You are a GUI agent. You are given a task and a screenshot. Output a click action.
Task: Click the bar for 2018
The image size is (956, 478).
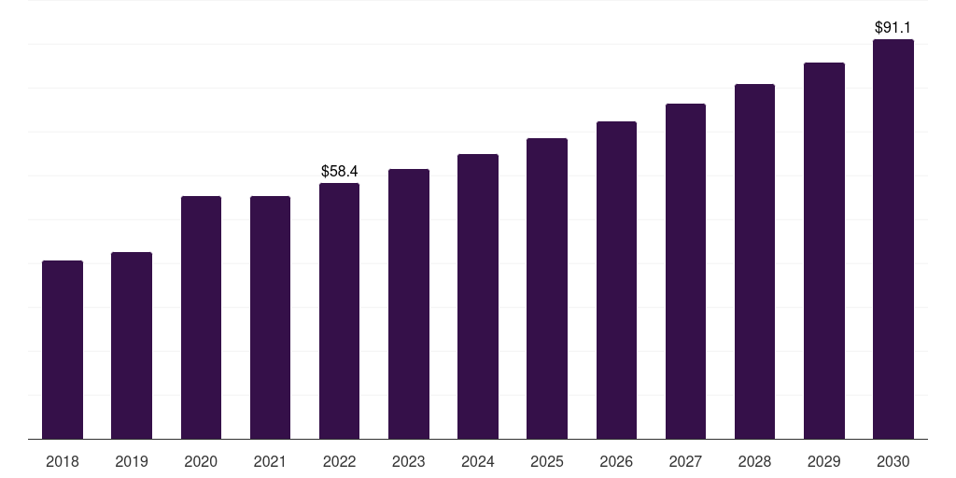[63, 350]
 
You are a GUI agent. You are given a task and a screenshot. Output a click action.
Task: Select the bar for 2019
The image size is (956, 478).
[132, 345]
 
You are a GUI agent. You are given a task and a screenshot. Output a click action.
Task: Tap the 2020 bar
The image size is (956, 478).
[202, 317]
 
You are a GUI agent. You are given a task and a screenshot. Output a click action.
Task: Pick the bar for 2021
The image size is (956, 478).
[270, 317]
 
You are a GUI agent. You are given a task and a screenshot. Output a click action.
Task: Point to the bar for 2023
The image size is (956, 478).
[409, 304]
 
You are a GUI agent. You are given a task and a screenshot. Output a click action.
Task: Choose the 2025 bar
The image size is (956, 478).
[547, 288]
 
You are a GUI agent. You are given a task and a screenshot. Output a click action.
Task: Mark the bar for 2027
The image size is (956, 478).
[685, 272]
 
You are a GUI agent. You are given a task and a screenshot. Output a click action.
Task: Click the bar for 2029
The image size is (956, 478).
[824, 250]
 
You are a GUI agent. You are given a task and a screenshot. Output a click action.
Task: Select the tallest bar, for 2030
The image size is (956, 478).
[893, 239]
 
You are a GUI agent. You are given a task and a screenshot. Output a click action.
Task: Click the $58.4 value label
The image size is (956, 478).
[340, 172]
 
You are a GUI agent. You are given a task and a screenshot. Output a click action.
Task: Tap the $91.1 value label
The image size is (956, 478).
[893, 27]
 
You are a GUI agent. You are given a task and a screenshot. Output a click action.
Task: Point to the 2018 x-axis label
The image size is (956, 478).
[63, 461]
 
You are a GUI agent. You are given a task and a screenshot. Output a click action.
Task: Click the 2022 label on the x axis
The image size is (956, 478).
[340, 461]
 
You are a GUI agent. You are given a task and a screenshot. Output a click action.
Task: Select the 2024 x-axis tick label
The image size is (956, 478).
[478, 461]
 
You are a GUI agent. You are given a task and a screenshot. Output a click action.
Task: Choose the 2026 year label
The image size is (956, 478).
[616, 461]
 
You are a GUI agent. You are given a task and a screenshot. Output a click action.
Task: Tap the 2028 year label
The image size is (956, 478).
[754, 461]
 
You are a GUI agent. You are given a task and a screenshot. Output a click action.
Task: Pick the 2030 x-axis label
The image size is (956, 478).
[893, 461]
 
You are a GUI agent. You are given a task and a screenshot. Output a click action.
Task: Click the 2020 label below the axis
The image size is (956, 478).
[202, 461]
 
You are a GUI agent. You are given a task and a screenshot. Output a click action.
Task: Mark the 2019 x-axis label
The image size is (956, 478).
[132, 461]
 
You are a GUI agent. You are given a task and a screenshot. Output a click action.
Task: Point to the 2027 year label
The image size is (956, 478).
[685, 461]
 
